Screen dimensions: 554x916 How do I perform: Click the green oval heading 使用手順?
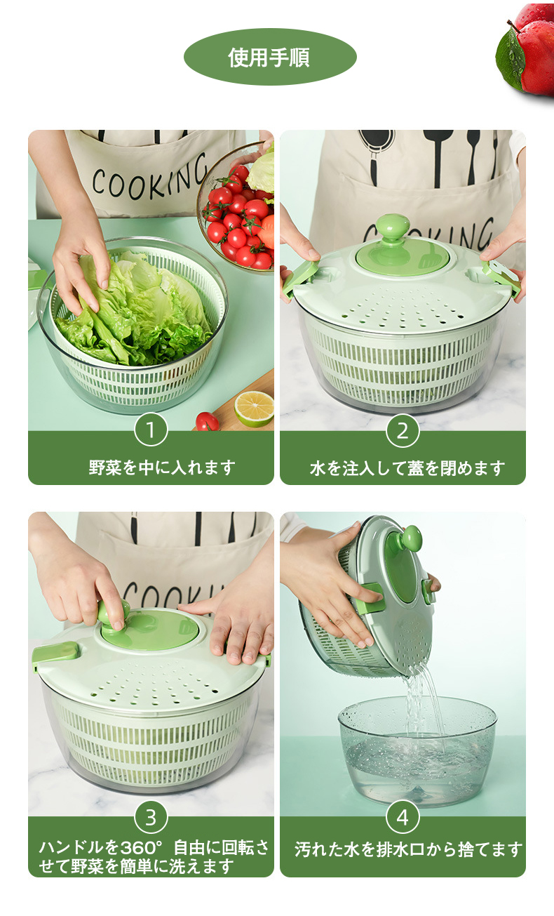tap(270, 57)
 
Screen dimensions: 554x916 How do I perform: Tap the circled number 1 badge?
tap(151, 430)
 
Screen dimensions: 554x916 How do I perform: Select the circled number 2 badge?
tap(403, 430)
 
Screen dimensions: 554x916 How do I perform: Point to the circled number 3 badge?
tap(151, 817)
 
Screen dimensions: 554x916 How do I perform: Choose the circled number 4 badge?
tap(403, 817)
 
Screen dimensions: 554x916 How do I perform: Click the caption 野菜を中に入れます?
tap(162, 467)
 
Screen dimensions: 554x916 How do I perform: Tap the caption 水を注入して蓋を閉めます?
tap(407, 467)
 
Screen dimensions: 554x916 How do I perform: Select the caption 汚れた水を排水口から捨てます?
tap(409, 849)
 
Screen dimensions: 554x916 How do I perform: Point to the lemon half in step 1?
tap(254, 409)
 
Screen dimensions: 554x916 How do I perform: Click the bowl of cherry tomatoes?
tap(239, 213)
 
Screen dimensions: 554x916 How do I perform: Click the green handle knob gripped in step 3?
tap(113, 615)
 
